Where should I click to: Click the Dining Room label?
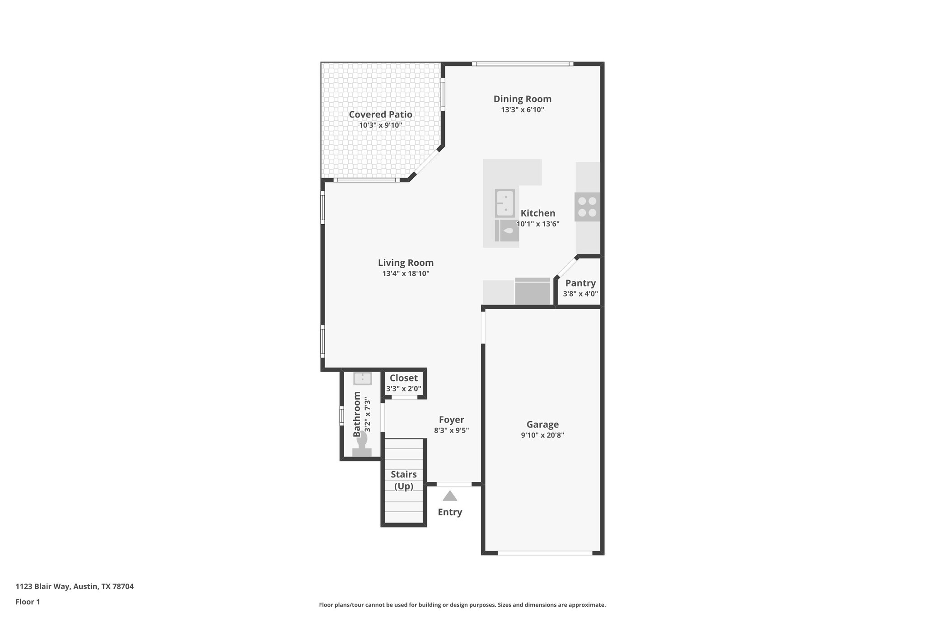[x=522, y=99]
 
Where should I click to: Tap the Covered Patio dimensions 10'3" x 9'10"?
[x=380, y=125]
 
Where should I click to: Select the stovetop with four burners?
[x=587, y=207]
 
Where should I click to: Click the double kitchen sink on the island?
[x=505, y=203]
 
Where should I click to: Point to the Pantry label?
[x=580, y=283]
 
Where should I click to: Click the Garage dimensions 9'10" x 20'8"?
[x=542, y=435]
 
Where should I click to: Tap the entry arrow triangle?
[x=449, y=496]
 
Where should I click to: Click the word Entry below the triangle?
[x=449, y=512]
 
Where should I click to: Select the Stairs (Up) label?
[x=403, y=480]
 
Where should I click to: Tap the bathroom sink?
[x=362, y=378]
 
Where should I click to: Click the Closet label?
[x=403, y=378]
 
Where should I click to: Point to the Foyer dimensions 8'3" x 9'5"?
[x=451, y=431]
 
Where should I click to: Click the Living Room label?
[x=406, y=263]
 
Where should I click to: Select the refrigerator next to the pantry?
[x=533, y=292]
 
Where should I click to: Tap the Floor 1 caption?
[x=28, y=602]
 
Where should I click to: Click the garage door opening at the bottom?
[x=545, y=552]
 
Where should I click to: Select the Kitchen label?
[x=537, y=213]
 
